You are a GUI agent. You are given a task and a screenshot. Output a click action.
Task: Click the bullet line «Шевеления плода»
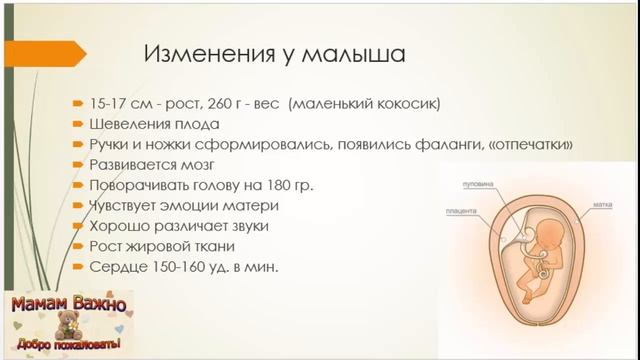(x=150, y=124)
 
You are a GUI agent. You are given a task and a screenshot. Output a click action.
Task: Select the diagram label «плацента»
(x=461, y=212)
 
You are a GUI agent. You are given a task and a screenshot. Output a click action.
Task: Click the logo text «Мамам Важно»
(x=67, y=303)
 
